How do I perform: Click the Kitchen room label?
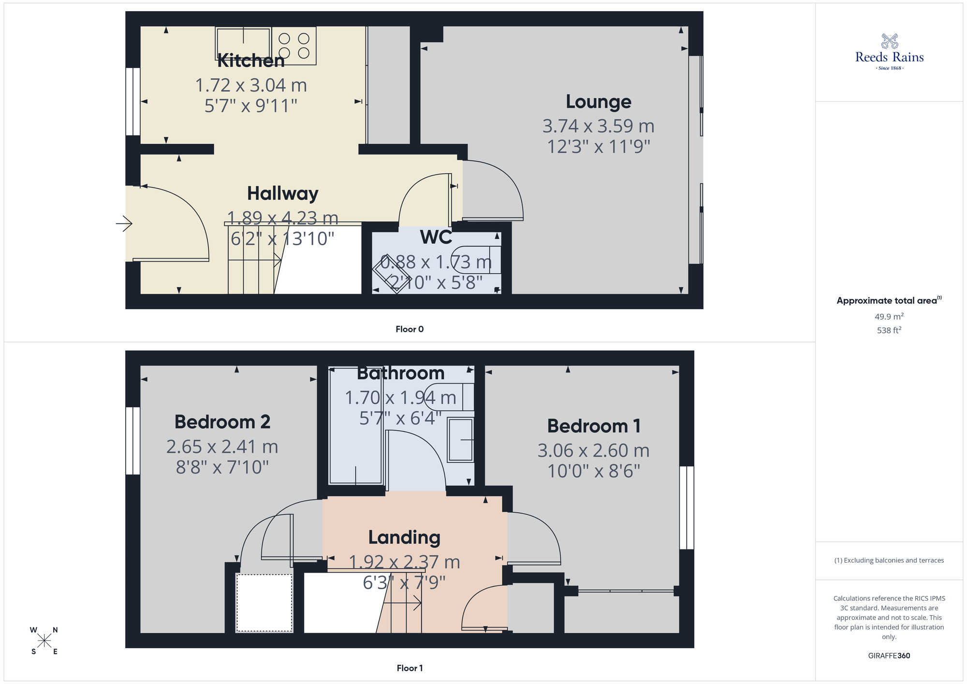(x=251, y=61)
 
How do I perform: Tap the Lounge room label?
(x=599, y=102)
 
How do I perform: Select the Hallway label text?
(x=283, y=193)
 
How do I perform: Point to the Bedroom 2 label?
(x=222, y=422)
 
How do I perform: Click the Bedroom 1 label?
(x=594, y=426)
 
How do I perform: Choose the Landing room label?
(x=404, y=537)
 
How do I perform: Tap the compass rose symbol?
(x=44, y=641)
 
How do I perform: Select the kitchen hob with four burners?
(x=294, y=45)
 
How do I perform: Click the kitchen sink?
(x=243, y=44)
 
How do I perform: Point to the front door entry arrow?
(x=124, y=223)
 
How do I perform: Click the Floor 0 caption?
(x=410, y=329)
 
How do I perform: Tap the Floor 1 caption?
(x=410, y=668)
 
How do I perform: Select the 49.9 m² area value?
(x=889, y=317)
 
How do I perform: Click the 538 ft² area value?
(x=889, y=330)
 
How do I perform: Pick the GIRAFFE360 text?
(x=889, y=656)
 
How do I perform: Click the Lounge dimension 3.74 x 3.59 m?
(x=599, y=126)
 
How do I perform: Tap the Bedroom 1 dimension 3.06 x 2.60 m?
(x=594, y=451)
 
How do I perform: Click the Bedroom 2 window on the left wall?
(x=132, y=441)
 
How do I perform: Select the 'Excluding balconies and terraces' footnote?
(x=889, y=560)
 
